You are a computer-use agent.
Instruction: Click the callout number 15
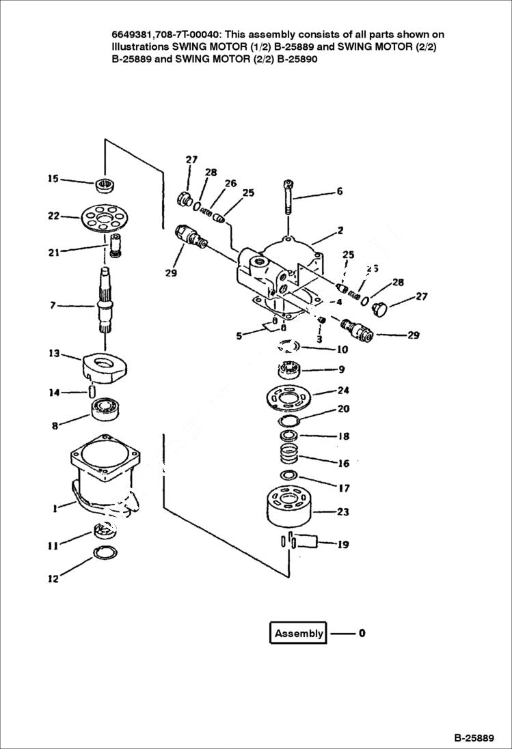pos(53,179)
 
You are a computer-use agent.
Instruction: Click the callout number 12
pos(53,579)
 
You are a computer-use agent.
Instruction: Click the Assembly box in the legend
pos(298,633)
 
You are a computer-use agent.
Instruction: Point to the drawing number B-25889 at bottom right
pos(474,738)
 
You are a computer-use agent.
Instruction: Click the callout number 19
pos(343,544)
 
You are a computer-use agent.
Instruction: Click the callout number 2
pos(340,231)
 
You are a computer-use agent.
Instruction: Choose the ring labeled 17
pos(288,475)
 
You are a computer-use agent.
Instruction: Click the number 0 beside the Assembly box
pos(362,633)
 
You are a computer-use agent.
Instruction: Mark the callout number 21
pos(53,252)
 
